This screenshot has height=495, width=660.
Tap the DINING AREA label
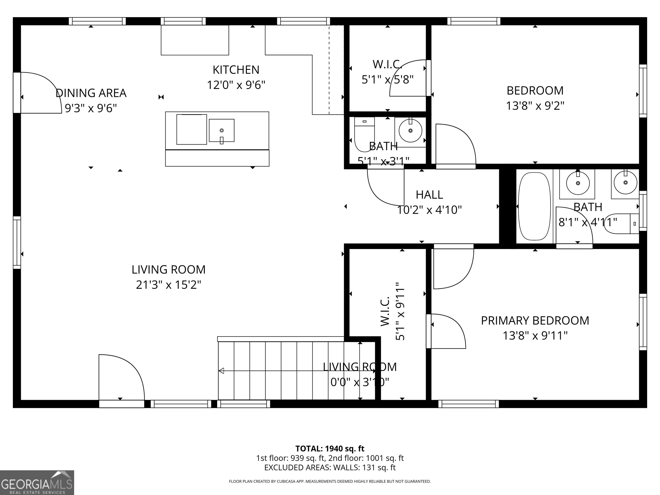(91, 93)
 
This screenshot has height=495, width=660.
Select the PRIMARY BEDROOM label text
(535, 321)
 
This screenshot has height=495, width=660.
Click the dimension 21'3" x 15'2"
(169, 285)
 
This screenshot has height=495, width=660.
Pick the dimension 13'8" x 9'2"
(535, 106)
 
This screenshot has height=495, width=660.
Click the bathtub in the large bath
(534, 206)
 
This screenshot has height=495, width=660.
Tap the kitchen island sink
(221, 130)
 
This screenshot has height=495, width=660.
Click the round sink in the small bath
(411, 130)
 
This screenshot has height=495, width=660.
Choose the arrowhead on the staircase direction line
(221, 371)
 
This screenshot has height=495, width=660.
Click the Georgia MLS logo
(37, 483)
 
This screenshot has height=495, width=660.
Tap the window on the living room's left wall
(17, 243)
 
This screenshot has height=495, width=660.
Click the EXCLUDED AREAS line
(330, 467)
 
